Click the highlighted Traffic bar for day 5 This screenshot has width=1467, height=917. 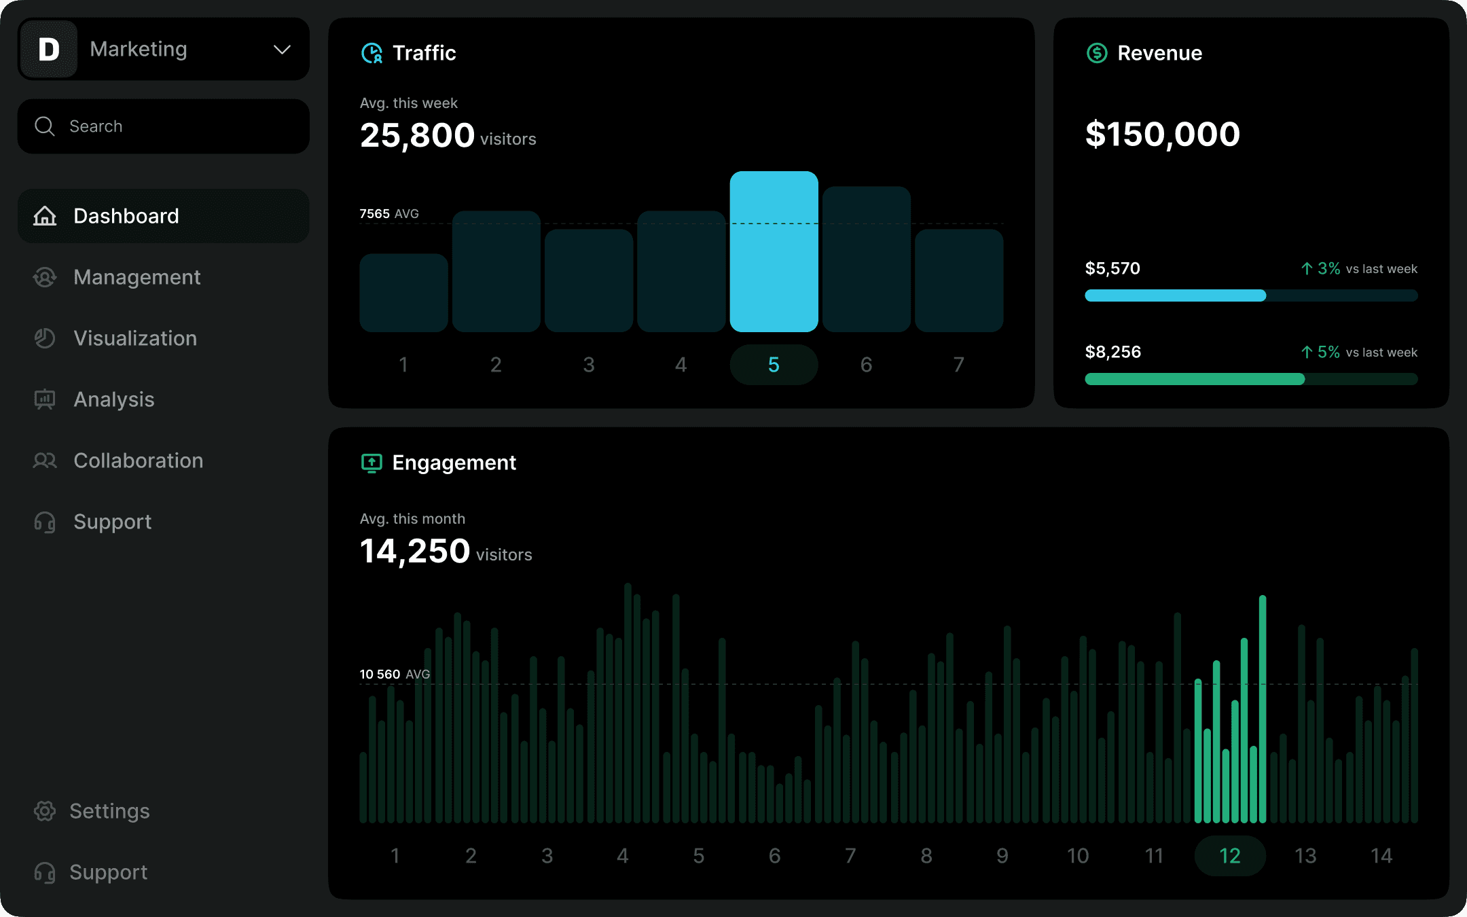(774, 251)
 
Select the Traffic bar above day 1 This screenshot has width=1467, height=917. (403, 293)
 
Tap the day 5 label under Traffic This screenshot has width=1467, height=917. (774, 365)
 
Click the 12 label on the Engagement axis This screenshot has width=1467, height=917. (1229, 856)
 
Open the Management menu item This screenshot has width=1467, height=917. (137, 277)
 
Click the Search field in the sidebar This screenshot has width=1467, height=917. (163, 126)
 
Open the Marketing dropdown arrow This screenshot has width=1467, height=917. (282, 50)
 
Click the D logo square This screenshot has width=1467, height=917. (49, 50)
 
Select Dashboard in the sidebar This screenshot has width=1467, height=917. (126, 216)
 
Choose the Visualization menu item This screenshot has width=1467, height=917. (135, 338)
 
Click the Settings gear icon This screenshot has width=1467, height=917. (45, 811)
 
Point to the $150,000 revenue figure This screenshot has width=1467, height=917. (1162, 134)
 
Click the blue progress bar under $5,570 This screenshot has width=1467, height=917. (1175, 295)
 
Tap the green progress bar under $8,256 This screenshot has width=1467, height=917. (1194, 379)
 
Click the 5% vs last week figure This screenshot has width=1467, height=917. (1328, 352)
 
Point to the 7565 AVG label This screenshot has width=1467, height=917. (388, 214)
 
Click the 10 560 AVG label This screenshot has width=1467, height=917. (394, 674)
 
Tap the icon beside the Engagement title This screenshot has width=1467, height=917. (372, 463)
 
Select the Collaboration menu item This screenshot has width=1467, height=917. (138, 461)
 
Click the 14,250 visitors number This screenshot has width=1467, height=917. (414, 551)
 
